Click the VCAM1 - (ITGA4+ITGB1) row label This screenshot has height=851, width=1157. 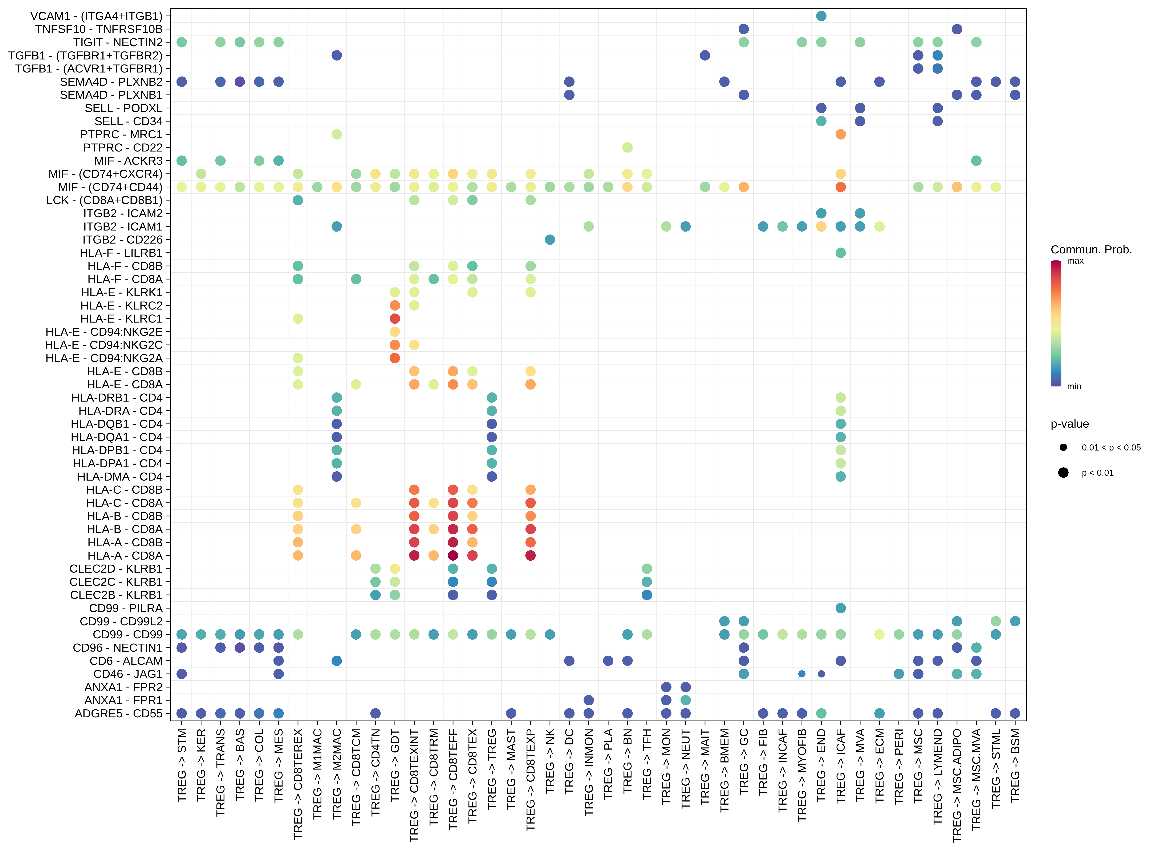tap(96, 16)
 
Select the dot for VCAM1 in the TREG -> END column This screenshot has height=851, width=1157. tap(821, 16)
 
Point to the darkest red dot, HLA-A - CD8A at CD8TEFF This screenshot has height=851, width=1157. tap(453, 555)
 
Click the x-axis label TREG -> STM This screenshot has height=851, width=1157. tap(182, 765)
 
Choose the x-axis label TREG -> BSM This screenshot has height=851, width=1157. tap(1015, 765)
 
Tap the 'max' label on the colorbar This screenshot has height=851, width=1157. tap(1075, 261)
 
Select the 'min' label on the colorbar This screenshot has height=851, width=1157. tap(1074, 386)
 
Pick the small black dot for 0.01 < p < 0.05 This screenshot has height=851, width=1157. tap(1063, 447)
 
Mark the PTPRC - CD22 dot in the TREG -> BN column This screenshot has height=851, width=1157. tap(627, 147)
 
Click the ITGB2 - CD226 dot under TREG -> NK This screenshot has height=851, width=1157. tap(550, 240)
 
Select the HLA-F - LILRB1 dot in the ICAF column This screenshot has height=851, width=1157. tap(840, 252)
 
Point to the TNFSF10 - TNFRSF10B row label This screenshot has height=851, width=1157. tap(99, 29)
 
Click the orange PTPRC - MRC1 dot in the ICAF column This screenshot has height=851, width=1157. tap(840, 134)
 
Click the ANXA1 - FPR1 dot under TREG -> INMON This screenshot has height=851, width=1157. tap(588, 700)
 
